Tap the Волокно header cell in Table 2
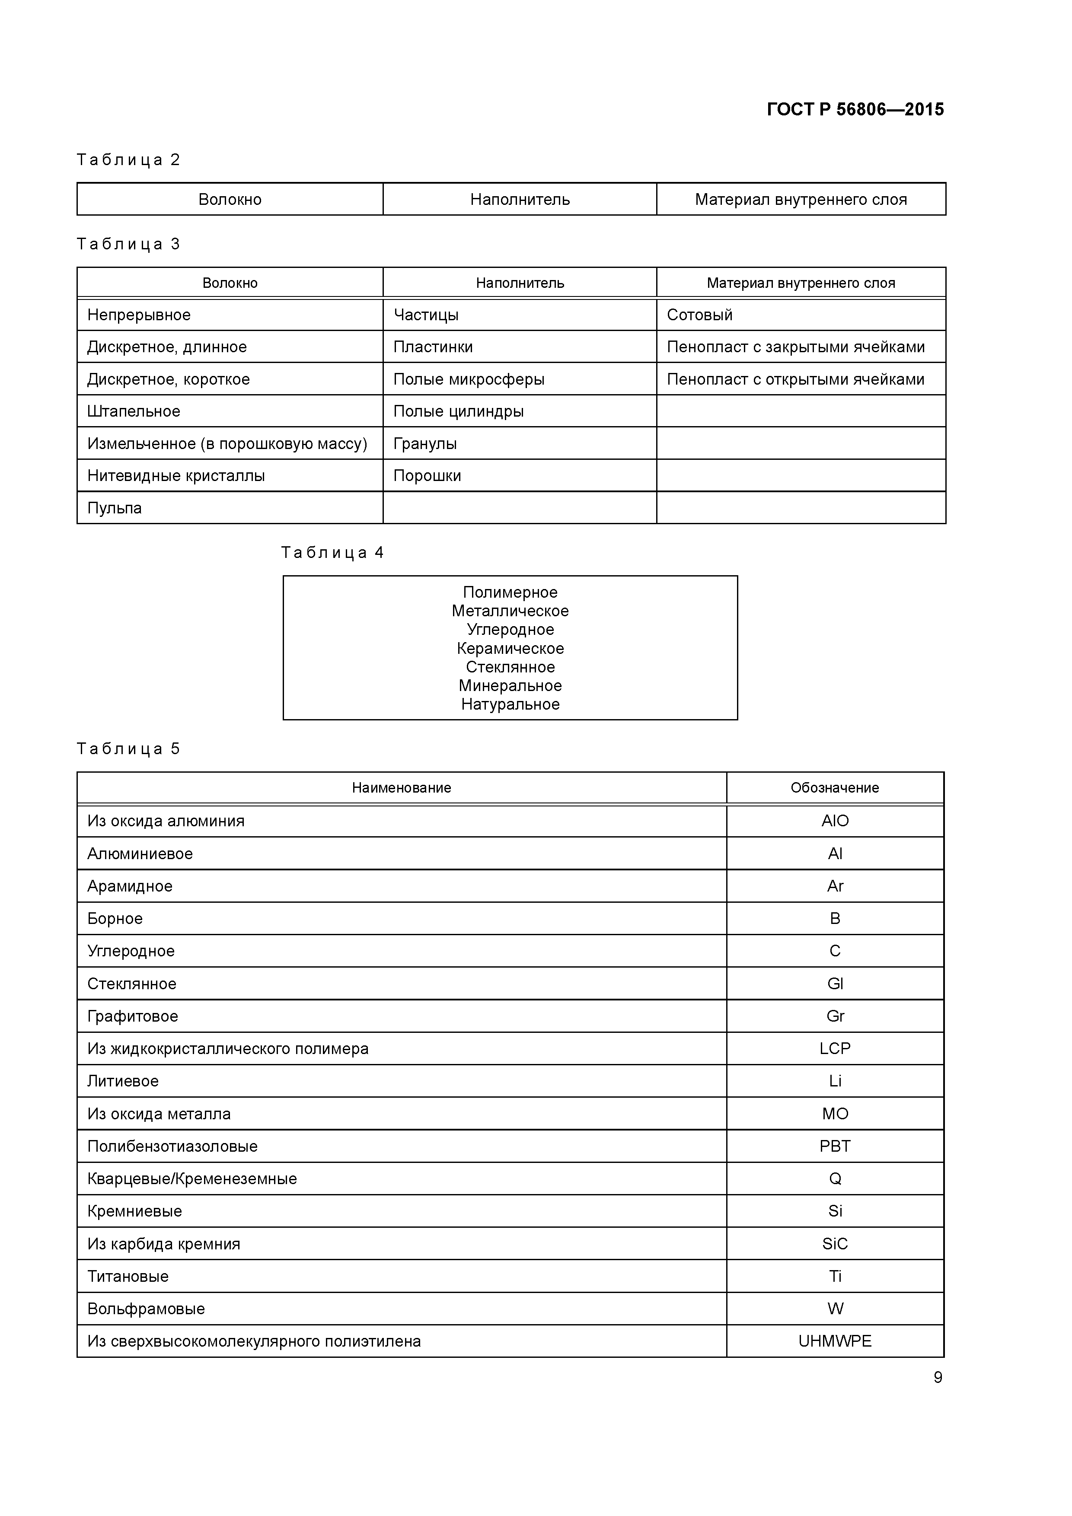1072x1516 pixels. pos(230,199)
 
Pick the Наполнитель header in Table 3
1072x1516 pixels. pos(520,283)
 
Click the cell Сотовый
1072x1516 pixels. pos(699,315)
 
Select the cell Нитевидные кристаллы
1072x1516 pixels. pos(175,475)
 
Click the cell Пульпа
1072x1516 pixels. pos(114,508)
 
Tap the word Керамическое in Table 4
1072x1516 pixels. pos(510,648)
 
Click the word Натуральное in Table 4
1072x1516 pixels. pos(510,704)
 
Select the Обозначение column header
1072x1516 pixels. pos(834,788)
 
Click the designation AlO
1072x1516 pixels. pos(834,821)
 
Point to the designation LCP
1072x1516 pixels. pos(834,1048)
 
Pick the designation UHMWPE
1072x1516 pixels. pos(834,1341)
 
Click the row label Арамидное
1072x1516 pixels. pos(129,886)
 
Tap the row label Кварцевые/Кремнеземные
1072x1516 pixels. pos(191,1178)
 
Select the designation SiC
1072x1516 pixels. pos(834,1244)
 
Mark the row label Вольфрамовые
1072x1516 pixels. pos(146,1309)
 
